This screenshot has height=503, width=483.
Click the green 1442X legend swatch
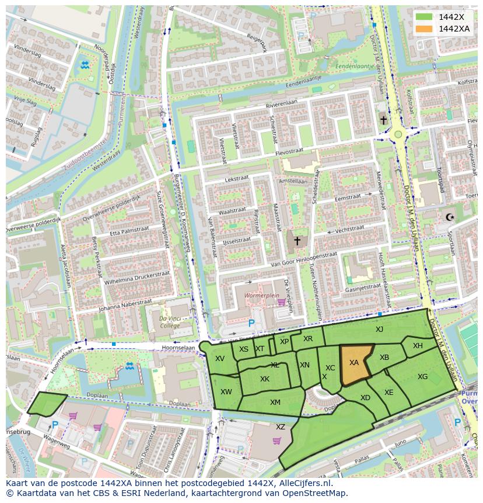(423, 17)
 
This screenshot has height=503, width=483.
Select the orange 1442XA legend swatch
(423, 29)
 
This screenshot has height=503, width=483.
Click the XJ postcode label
(379, 329)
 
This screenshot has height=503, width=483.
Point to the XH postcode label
(418, 346)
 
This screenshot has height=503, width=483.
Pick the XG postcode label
(423, 377)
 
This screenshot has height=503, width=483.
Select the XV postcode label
(220, 359)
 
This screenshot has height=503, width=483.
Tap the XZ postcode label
(281, 427)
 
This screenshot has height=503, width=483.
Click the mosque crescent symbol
(449, 217)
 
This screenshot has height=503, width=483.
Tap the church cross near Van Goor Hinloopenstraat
(297, 240)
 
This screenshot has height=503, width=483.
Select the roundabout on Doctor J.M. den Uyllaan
(398, 134)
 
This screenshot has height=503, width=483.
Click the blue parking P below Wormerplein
(251, 322)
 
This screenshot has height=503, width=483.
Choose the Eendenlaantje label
(354, 67)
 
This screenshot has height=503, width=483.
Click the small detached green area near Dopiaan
(47, 404)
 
